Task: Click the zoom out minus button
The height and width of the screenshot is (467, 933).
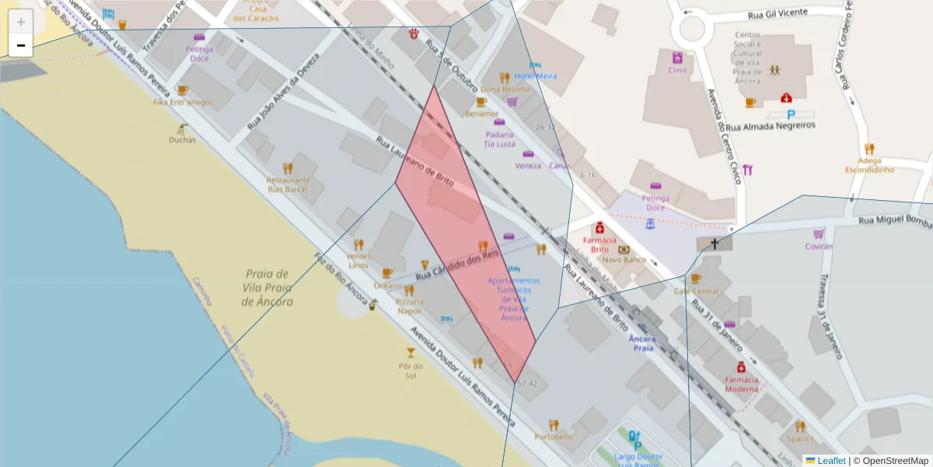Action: coord(21,46)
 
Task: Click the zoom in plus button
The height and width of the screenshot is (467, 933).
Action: coord(21,22)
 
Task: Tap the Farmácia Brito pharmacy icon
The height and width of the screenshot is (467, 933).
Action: coord(599,228)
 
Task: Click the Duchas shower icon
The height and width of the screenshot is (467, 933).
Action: coord(183,127)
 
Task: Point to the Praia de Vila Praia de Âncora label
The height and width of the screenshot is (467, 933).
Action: coord(267,287)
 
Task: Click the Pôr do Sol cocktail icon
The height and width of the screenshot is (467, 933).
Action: coord(411,353)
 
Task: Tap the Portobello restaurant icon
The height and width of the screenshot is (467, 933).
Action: coord(554,424)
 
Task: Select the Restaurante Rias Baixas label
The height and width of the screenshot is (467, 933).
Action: coord(288,184)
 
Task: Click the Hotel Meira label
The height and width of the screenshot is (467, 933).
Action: coord(536,76)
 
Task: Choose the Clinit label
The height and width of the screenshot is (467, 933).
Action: coord(677,70)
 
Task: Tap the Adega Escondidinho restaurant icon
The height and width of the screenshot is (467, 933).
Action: coord(869,149)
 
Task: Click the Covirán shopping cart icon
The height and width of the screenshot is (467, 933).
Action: coord(819,233)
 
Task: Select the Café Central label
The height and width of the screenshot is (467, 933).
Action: coord(696,291)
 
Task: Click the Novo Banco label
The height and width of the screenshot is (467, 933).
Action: coord(624,260)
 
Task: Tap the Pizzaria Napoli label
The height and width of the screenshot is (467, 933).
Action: coord(410,306)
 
